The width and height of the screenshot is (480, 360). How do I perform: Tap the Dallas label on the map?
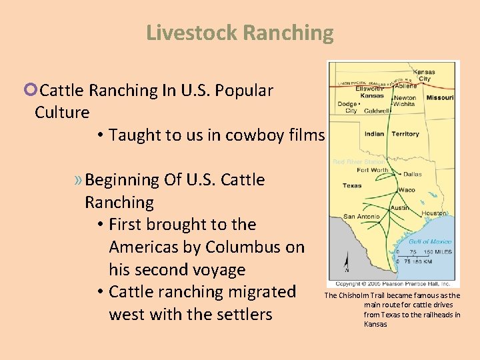click(412, 175)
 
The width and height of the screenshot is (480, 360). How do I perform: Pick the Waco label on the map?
click(407, 190)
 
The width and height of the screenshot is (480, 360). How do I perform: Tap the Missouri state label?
click(440, 97)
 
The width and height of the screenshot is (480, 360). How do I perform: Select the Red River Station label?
click(359, 161)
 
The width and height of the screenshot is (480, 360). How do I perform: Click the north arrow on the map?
click(347, 261)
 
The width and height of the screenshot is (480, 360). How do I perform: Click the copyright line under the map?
click(393, 283)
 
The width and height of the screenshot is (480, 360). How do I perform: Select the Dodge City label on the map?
click(347, 107)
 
